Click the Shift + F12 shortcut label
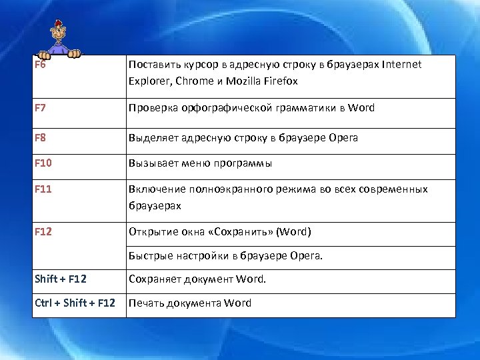tap(61, 279)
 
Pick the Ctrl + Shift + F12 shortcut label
tap(75, 303)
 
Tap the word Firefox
tap(279, 81)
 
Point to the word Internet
tap(402, 65)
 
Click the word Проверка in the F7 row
tap(152, 107)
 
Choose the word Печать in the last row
tap(145, 303)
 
